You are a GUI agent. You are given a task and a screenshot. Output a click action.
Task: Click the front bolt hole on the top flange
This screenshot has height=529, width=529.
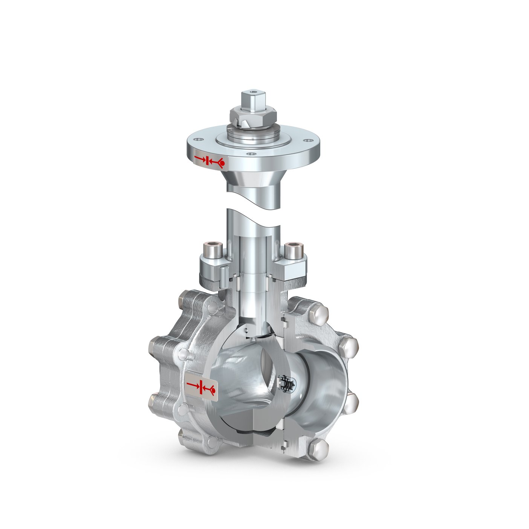point(250,154)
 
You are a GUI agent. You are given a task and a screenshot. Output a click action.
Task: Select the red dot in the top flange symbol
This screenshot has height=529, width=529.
point(222,162)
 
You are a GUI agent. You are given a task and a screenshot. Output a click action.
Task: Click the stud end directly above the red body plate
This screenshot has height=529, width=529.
point(183,353)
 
